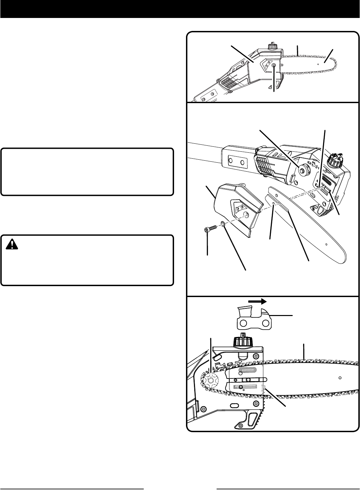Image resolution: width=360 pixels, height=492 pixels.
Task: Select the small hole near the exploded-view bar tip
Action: (x=326, y=244)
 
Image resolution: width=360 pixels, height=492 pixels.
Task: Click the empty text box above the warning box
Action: (x=87, y=172)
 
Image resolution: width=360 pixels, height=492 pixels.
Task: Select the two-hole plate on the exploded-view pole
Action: (x=237, y=163)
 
